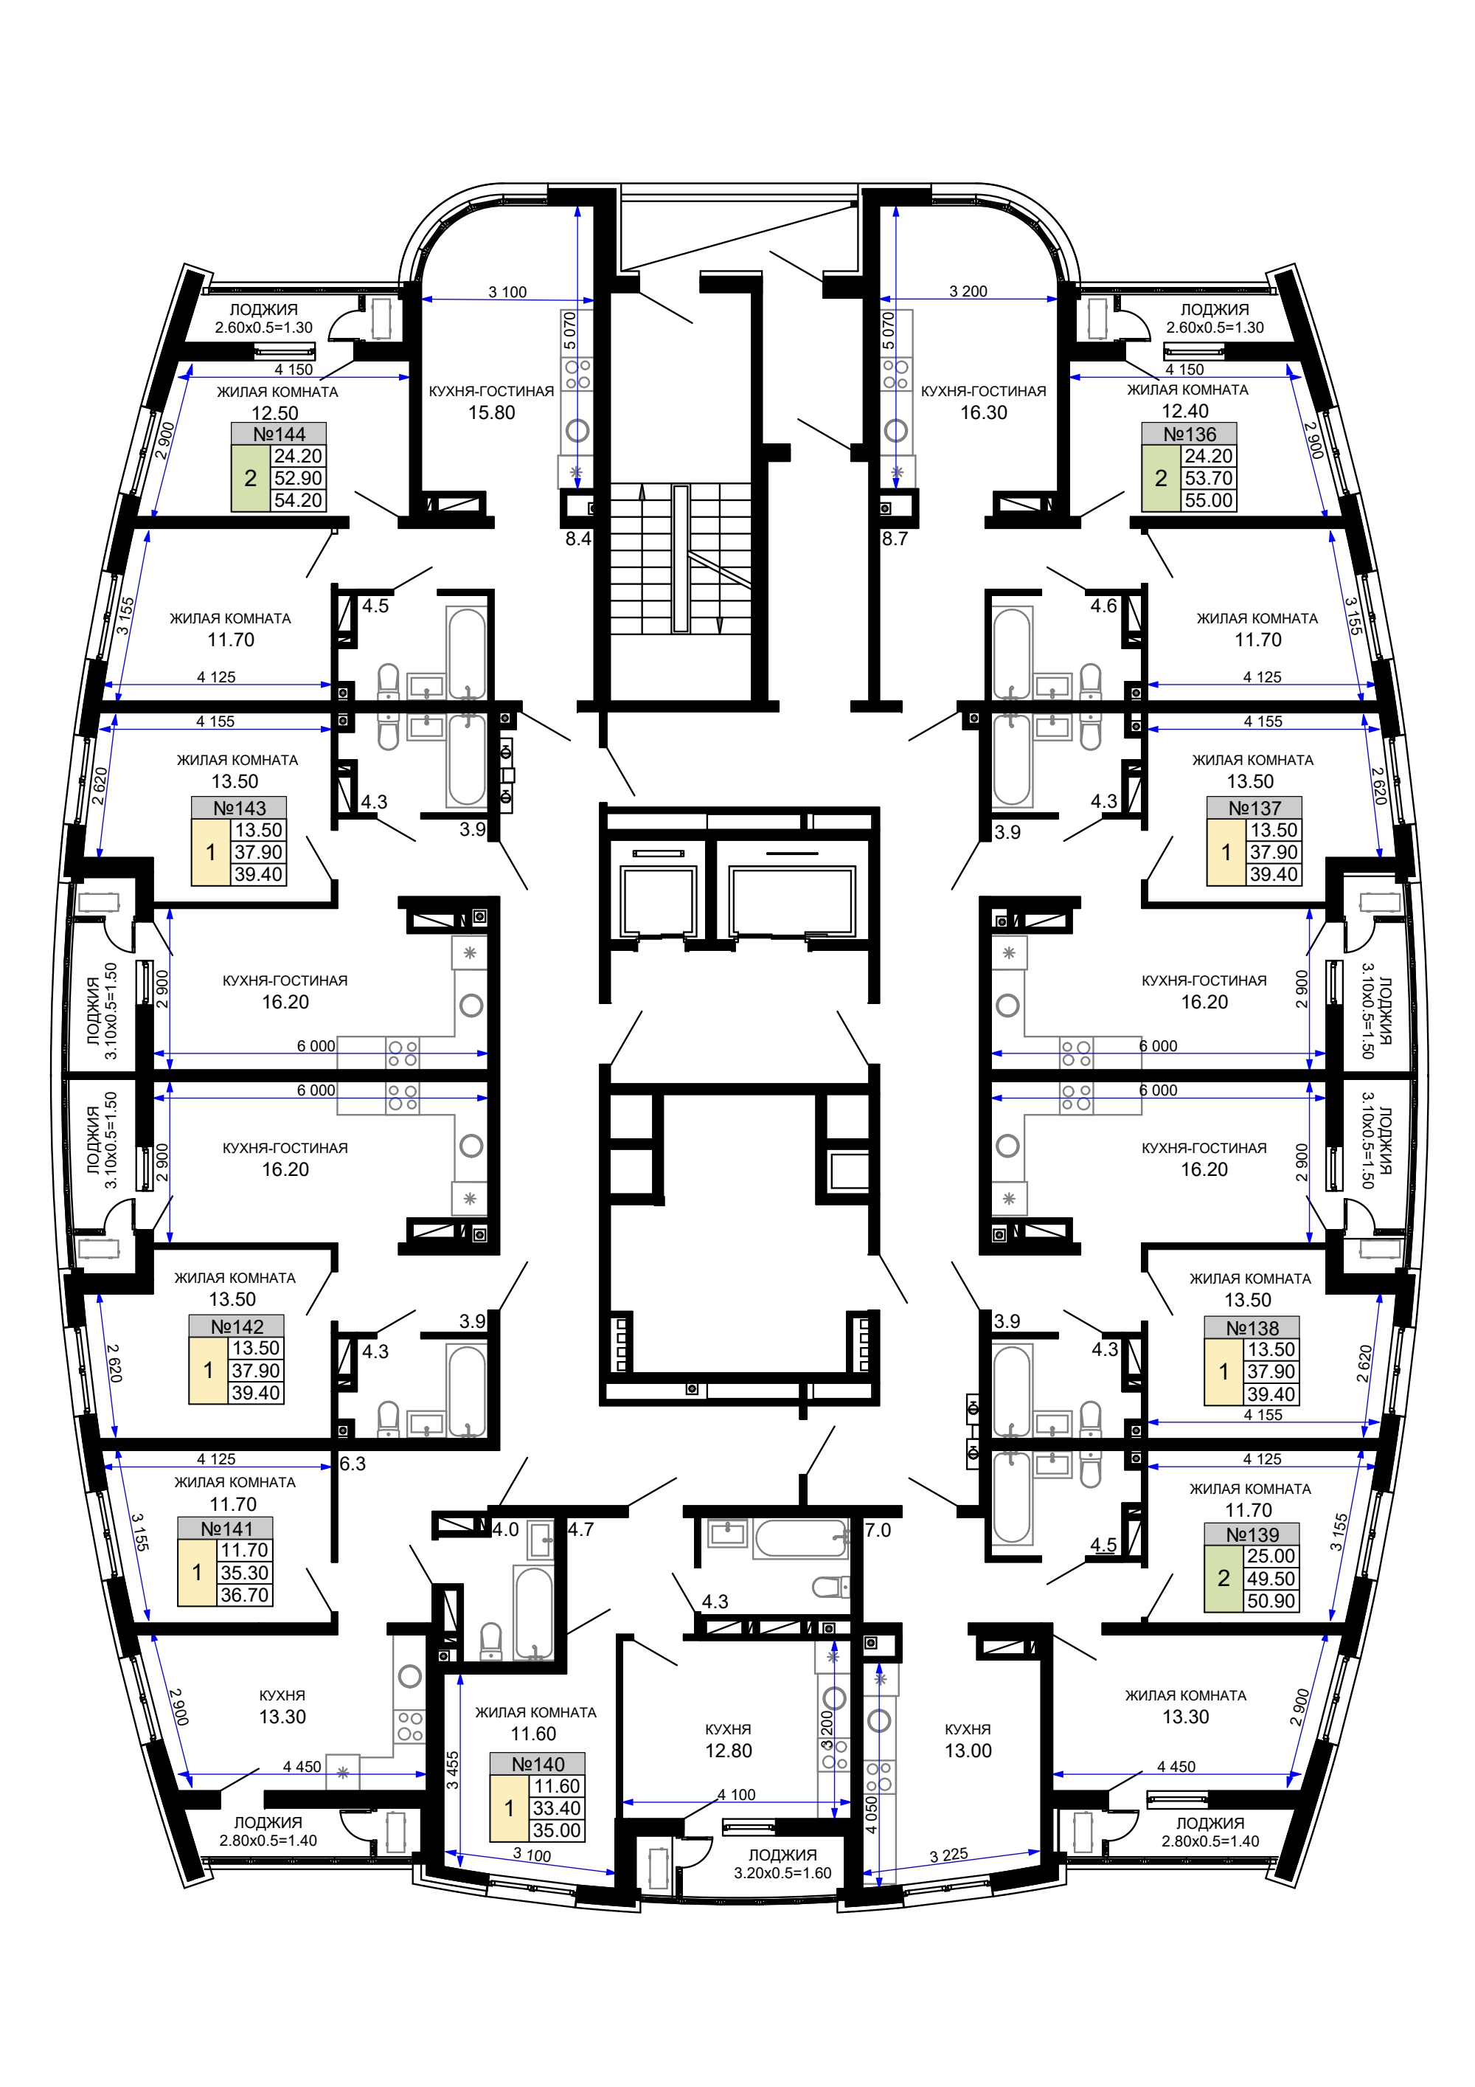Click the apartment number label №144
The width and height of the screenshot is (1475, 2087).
(x=279, y=434)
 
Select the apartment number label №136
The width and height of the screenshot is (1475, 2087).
(x=1189, y=434)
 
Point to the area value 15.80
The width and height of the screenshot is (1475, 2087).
(x=492, y=412)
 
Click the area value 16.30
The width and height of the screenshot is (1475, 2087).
(x=985, y=412)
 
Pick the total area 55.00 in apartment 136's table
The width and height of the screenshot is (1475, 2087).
(x=1209, y=500)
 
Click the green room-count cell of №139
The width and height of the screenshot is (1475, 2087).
(x=1224, y=1579)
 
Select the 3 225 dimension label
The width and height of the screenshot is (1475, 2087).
(x=949, y=1855)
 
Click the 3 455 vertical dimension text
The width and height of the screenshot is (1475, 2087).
(x=453, y=1771)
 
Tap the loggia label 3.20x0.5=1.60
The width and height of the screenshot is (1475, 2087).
(x=782, y=1872)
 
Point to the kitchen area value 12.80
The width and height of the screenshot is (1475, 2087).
(x=729, y=1751)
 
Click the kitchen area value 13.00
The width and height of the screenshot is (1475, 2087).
(x=968, y=1751)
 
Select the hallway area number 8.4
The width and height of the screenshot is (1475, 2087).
(x=578, y=539)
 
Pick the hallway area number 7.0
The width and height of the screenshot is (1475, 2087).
(x=878, y=1530)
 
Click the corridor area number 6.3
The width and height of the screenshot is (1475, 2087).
(x=353, y=1464)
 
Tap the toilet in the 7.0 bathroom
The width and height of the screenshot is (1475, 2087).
(x=830, y=1587)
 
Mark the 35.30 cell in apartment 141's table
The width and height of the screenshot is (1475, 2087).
(x=244, y=1573)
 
